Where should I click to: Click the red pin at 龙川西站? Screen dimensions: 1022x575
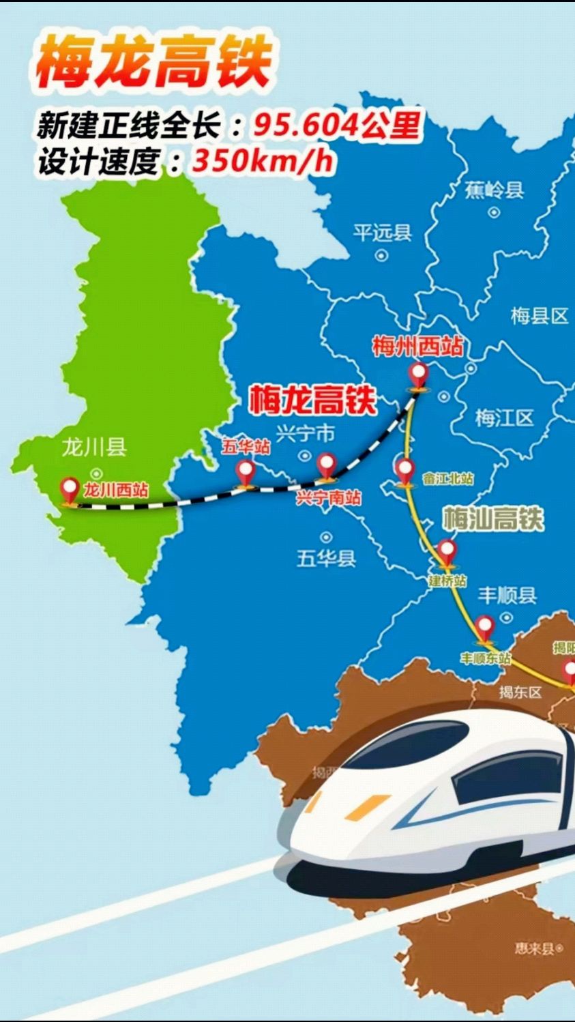(70, 489)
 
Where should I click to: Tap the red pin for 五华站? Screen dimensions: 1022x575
(245, 471)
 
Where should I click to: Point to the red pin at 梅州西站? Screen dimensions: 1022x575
(418, 375)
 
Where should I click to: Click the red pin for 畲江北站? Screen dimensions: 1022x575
(404, 470)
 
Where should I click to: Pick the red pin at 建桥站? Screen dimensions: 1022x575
(446, 551)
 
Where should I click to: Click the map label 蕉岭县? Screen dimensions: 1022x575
(494, 189)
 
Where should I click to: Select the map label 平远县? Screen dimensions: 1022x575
(382, 233)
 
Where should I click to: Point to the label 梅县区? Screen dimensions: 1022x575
(539, 316)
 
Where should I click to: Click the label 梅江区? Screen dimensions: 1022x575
(504, 418)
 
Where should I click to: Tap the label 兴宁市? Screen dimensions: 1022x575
(306, 433)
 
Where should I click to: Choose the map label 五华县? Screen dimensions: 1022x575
(326, 559)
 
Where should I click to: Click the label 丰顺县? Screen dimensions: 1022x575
(507, 596)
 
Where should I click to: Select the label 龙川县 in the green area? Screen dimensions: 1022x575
(94, 448)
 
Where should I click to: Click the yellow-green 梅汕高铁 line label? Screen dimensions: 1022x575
(493, 519)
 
